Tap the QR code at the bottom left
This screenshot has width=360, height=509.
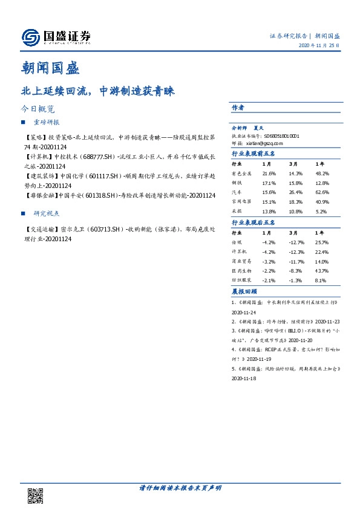click(36, 495)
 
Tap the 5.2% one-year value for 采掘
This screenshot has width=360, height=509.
click(321, 212)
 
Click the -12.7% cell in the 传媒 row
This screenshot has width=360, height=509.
click(295, 242)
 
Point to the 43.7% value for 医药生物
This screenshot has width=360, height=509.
click(321, 271)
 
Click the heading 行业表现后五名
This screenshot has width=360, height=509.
click(254, 222)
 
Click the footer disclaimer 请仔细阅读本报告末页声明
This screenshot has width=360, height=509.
click(179, 488)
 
